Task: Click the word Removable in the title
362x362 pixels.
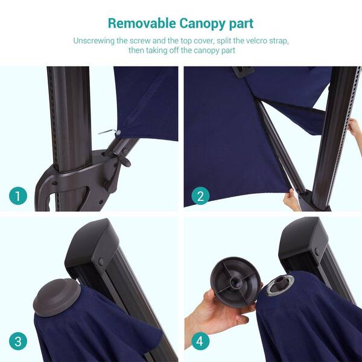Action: (142, 24)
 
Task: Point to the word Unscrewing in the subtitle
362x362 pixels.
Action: (94, 41)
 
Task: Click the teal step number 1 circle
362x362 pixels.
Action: (18, 195)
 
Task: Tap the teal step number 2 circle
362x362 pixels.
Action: (200, 195)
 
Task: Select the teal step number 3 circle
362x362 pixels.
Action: (18, 341)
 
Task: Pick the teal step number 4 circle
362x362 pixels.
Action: (200, 341)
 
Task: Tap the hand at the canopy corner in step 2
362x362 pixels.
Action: (291, 200)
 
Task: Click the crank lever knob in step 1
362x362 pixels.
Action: (125, 161)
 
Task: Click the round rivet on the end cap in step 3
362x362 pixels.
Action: (101, 262)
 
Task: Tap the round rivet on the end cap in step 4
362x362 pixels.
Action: (317, 252)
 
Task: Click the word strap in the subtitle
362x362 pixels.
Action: (281, 41)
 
